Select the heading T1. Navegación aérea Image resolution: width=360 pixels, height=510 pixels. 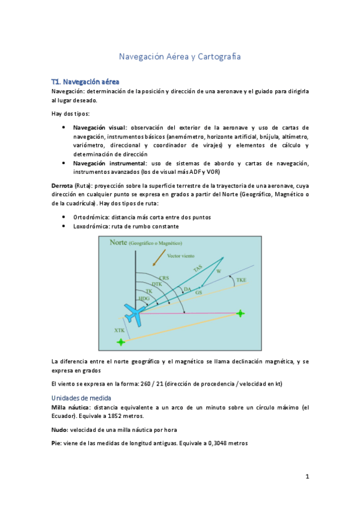[x=85, y=81]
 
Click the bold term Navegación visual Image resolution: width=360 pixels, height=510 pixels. [x=100, y=127]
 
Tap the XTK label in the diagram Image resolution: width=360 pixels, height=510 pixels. [x=120, y=330]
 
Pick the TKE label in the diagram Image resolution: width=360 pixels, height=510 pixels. [x=240, y=280]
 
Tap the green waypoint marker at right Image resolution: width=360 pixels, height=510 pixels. [x=240, y=313]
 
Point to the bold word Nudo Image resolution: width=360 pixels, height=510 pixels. [x=59, y=429]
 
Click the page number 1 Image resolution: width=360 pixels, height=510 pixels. [x=307, y=477]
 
